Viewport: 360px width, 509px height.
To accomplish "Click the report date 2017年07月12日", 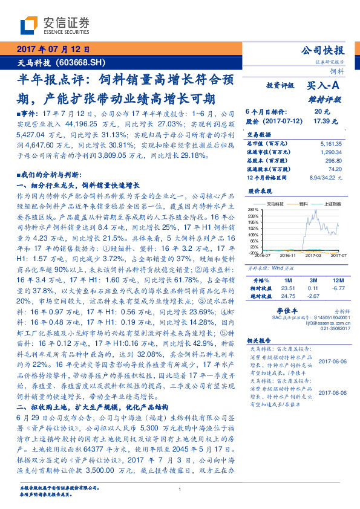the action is (x=53, y=50).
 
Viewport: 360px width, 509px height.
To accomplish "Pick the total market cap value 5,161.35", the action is (x=333, y=143).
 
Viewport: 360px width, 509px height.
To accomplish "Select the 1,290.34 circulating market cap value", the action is (x=333, y=152).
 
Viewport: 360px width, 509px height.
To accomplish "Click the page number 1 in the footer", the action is (x=180, y=490).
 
